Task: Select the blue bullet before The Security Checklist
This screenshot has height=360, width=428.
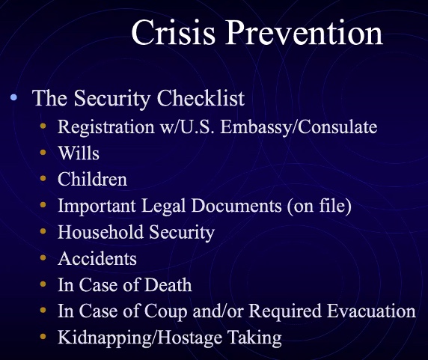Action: pos(15,98)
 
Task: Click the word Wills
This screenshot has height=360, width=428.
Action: pos(79,153)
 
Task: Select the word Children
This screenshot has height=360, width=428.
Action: pos(92,179)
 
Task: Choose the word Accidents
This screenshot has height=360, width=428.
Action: pos(97,258)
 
